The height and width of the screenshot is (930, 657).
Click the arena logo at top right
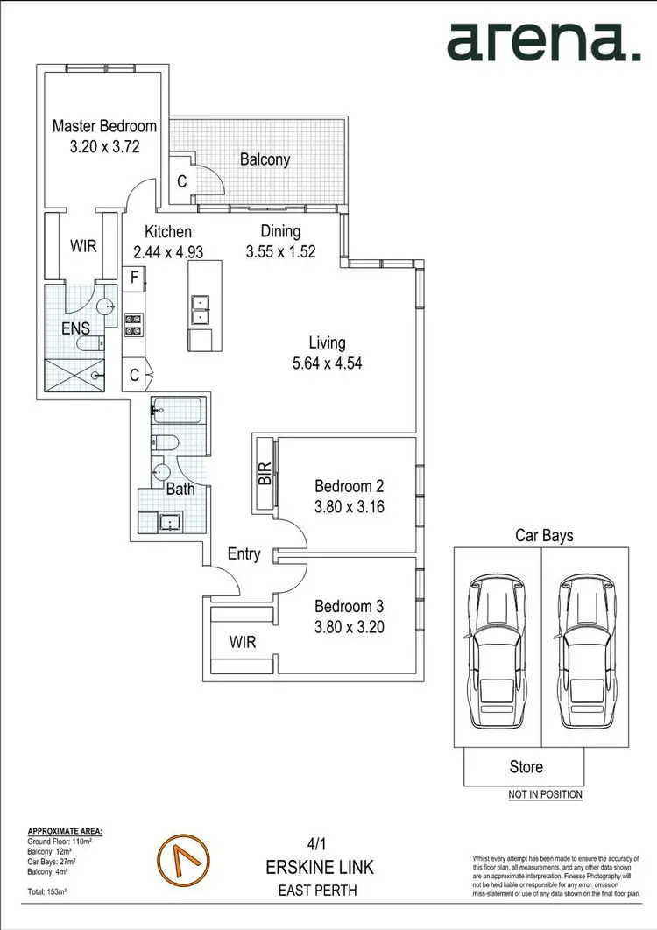[x=543, y=41]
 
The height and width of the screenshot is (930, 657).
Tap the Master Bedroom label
[x=104, y=126]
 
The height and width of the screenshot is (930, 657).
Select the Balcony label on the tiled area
[x=265, y=159]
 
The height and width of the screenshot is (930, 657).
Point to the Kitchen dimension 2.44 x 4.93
[x=168, y=251]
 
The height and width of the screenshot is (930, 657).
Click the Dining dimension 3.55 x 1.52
[x=280, y=251]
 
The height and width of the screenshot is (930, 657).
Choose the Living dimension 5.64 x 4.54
[x=327, y=362]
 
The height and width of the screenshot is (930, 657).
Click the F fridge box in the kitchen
[x=135, y=278]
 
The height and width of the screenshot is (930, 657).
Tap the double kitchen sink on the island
[x=201, y=307]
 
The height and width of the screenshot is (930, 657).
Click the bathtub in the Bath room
[x=177, y=412]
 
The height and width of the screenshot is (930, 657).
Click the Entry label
[x=244, y=553]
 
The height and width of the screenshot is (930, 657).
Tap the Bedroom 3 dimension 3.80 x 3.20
[x=350, y=627]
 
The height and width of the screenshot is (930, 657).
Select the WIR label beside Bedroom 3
[x=243, y=642]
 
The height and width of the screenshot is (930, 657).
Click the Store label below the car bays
[x=526, y=767]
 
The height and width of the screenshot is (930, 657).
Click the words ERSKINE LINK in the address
[x=319, y=867]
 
